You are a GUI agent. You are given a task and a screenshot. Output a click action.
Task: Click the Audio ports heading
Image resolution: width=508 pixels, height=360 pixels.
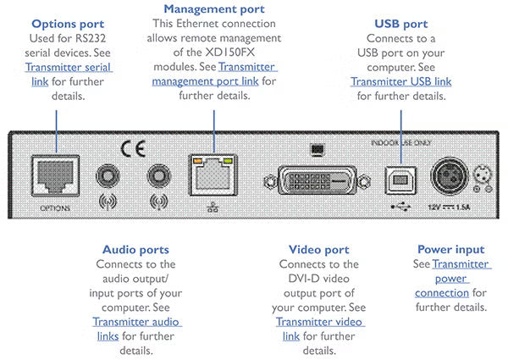coord(135,250)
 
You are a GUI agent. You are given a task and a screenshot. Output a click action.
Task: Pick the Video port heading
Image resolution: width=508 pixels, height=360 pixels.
coord(318,250)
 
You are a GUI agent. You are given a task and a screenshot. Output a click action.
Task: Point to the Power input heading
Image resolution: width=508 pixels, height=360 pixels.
coord(451,250)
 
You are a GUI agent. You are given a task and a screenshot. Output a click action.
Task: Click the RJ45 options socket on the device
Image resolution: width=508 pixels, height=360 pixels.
coord(53,176)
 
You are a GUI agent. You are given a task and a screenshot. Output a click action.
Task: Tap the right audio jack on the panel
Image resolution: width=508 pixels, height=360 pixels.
coord(157,175)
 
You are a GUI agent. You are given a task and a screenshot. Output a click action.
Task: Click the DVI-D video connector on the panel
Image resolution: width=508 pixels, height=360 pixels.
coord(314,180)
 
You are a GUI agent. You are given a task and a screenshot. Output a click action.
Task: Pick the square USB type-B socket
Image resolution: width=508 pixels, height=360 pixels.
coord(398,178)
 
